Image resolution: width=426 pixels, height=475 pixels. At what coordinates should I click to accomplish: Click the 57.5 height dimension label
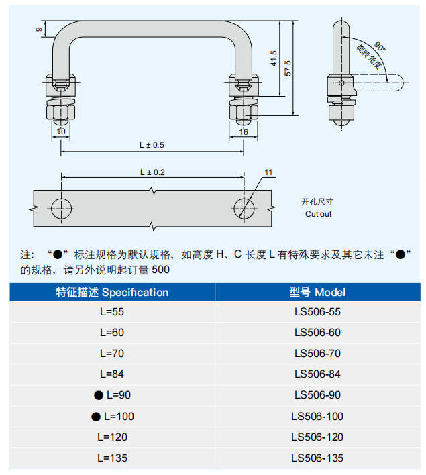(x=288, y=68)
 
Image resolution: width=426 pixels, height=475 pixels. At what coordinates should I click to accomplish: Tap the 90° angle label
(x=380, y=47)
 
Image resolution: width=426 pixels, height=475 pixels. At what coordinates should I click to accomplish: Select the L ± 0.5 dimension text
(x=152, y=145)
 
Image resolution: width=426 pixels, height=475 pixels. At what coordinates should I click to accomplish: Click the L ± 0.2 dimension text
(x=152, y=172)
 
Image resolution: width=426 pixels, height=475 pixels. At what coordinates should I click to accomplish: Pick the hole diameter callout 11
(x=268, y=173)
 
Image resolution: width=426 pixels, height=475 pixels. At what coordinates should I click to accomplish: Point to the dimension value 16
(x=243, y=132)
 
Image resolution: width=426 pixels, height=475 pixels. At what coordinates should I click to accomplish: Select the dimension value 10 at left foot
(x=61, y=132)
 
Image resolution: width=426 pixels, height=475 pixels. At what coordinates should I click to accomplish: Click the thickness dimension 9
(x=38, y=30)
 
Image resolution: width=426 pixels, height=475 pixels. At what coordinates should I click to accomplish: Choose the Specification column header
(x=112, y=293)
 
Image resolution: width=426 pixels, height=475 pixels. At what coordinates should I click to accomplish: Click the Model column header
(x=317, y=293)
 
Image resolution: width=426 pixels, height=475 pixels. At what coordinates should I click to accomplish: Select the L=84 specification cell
(x=112, y=374)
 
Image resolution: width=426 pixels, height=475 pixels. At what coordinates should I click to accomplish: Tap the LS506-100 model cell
(x=317, y=416)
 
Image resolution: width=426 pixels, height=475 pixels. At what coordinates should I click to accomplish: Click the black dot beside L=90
(x=99, y=395)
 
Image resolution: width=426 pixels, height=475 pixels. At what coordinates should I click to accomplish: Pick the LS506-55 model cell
(x=317, y=312)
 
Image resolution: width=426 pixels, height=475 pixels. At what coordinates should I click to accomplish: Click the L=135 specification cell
(x=112, y=458)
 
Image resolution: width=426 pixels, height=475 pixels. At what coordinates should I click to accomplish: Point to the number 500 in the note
(x=161, y=270)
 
